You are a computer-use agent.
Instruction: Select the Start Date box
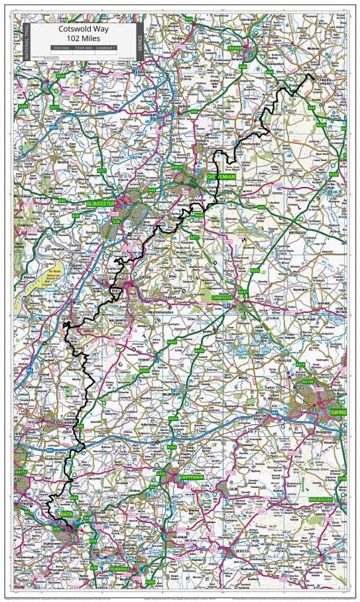[61, 48]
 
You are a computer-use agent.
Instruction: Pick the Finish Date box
[84, 48]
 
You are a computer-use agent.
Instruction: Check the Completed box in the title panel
[105, 48]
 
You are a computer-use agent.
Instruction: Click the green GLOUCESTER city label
[100, 204]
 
